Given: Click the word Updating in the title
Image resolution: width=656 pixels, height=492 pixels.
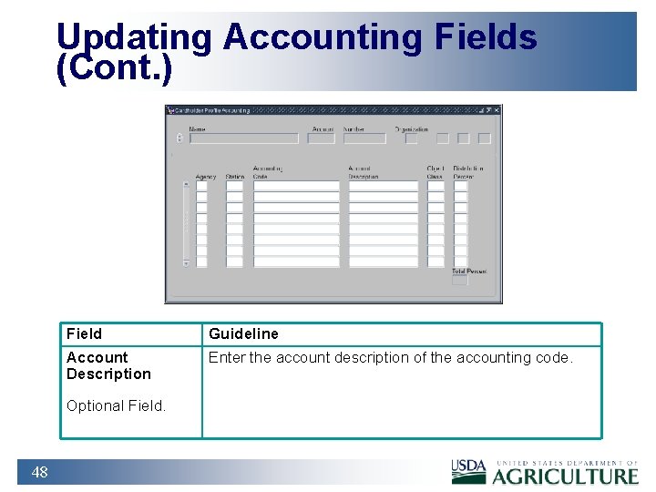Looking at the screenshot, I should click(134, 37).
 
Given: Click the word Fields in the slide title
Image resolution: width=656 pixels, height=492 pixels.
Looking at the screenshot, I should click(485, 37).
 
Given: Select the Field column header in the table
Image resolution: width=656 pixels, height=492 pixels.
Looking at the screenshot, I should click(85, 333).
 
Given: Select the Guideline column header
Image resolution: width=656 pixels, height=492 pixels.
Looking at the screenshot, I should click(243, 333).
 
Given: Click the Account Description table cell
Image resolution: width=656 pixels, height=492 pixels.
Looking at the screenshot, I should click(108, 365).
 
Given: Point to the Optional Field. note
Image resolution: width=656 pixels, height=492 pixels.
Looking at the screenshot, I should click(116, 406).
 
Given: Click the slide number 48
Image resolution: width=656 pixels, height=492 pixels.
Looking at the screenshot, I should click(39, 472).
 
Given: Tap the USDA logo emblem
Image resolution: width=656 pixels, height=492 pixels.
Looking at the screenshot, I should click(469, 471).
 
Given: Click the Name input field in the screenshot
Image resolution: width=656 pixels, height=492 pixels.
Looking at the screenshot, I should click(243, 138).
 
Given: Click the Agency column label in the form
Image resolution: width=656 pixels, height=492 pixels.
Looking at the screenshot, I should click(205, 177).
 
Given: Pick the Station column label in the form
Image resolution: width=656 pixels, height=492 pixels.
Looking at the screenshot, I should click(234, 177).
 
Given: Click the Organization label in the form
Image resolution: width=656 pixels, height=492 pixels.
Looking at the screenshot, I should click(411, 129).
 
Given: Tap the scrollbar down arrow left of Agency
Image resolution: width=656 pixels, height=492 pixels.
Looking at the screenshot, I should click(186, 262).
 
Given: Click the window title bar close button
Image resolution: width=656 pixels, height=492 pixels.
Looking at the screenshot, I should click(496, 110).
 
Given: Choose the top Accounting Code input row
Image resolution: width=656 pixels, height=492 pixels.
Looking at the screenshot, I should click(295, 186).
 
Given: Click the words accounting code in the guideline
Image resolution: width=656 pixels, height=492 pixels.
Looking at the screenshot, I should click(527, 357).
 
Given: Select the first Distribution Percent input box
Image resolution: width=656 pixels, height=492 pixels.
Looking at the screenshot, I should click(460, 186).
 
